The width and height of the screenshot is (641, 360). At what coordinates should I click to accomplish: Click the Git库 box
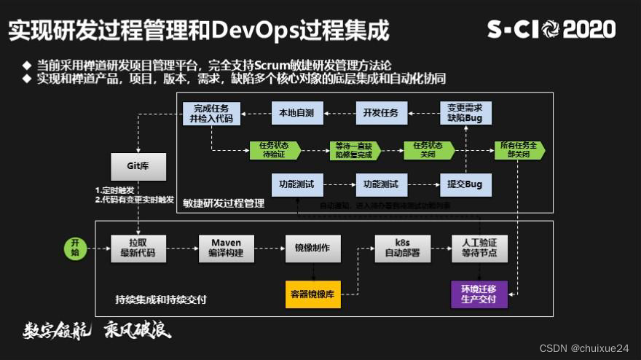click(138, 166)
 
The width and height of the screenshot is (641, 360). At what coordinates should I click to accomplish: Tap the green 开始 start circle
click(74, 248)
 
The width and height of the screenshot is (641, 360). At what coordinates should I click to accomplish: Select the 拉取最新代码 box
click(138, 249)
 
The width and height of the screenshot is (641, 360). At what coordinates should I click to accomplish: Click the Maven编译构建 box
click(226, 249)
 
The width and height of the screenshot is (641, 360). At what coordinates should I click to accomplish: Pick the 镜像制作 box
click(312, 249)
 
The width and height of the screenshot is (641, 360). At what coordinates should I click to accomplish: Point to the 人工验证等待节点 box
click(479, 249)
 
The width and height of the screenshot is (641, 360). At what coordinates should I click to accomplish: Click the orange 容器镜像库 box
click(312, 294)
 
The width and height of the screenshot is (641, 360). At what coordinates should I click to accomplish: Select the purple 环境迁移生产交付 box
click(479, 294)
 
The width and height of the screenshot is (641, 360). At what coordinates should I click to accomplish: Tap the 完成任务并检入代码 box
click(211, 114)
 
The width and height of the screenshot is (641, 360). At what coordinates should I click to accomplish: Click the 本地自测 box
click(296, 113)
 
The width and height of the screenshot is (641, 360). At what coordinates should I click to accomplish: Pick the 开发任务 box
click(381, 113)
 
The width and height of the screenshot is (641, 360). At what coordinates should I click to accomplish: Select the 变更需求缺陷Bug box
click(466, 114)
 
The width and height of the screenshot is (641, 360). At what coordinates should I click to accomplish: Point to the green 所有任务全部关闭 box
click(519, 150)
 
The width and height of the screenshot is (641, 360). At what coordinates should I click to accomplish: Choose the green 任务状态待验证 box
click(274, 150)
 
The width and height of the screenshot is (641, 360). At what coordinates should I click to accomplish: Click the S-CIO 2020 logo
click(551, 29)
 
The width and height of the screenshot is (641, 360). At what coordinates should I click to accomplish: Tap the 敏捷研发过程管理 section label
click(224, 204)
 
